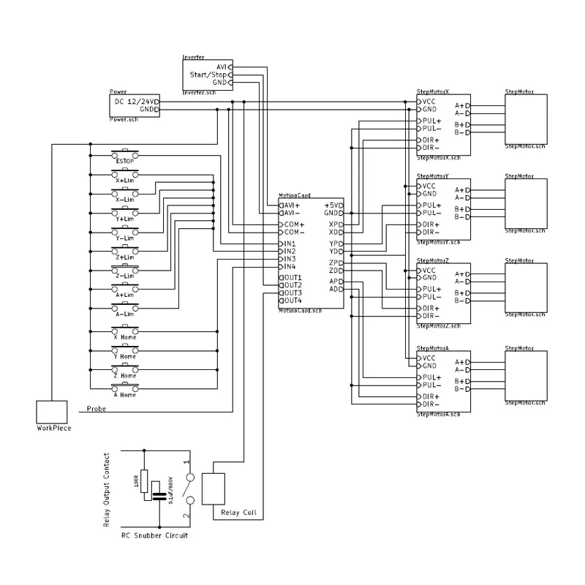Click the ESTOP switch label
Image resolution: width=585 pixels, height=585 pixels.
click(x=124, y=161)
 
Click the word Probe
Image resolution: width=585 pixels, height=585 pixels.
click(x=97, y=409)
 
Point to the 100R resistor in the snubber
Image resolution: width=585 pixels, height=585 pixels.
click(x=145, y=482)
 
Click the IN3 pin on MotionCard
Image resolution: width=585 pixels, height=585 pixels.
click(x=290, y=259)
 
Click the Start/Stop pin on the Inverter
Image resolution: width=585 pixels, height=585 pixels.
click(x=208, y=75)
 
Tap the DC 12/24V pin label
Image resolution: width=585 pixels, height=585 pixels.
click(x=135, y=101)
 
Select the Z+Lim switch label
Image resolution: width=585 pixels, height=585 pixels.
click(x=124, y=257)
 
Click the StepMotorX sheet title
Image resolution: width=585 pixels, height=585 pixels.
click(x=433, y=91)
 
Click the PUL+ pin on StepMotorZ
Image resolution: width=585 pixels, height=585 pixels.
click(x=431, y=289)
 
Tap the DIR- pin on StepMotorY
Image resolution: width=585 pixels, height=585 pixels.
click(x=429, y=232)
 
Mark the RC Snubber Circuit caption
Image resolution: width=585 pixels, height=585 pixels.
click(x=154, y=536)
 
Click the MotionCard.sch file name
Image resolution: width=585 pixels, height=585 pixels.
click(x=301, y=310)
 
